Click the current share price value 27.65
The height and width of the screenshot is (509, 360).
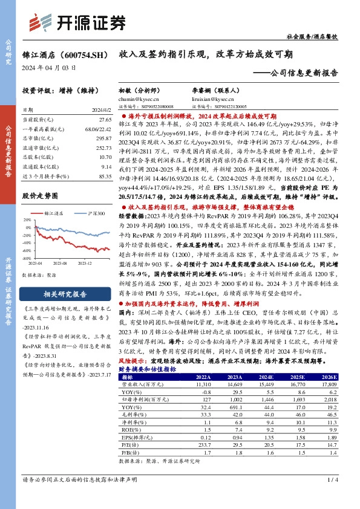104,120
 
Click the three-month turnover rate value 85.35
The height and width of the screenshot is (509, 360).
104,175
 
